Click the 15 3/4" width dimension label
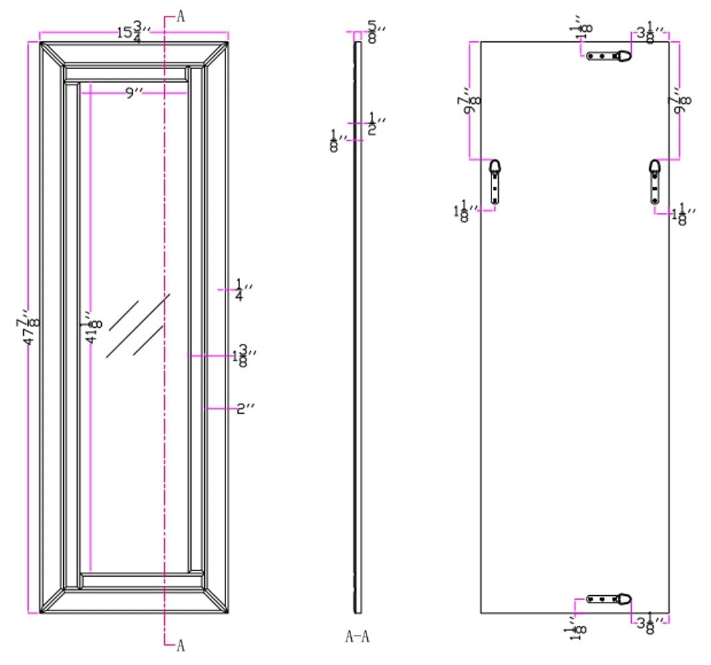(133, 31)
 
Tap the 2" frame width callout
(245, 408)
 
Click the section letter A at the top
(180, 17)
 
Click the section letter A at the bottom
(180, 646)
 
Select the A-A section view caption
(357, 637)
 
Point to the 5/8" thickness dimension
(375, 31)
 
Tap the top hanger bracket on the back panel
(609, 56)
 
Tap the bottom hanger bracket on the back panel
(609, 599)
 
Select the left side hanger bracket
(495, 182)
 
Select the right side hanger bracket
(655, 182)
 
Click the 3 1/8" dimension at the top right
(651, 33)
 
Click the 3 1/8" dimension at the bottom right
(651, 624)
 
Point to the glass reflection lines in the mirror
(138, 326)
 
